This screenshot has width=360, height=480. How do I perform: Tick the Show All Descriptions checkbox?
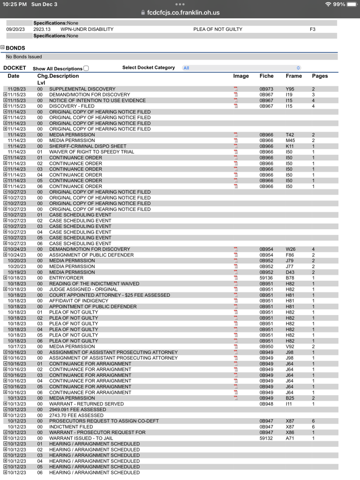[x=86, y=68]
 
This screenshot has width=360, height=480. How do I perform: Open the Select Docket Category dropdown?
[x=241, y=68]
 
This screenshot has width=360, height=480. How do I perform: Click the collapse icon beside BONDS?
[x=2, y=47]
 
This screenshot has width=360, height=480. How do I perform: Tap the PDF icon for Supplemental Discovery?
[x=236, y=89]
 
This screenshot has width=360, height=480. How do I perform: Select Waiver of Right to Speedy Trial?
[x=91, y=152]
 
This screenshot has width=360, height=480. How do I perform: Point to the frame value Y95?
[x=290, y=89]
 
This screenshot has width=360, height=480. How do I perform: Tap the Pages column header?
[x=320, y=76]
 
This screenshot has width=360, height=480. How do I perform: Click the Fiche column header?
[x=266, y=76]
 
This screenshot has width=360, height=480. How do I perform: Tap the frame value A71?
[x=290, y=438]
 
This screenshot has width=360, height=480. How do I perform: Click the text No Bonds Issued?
[x=24, y=57]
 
